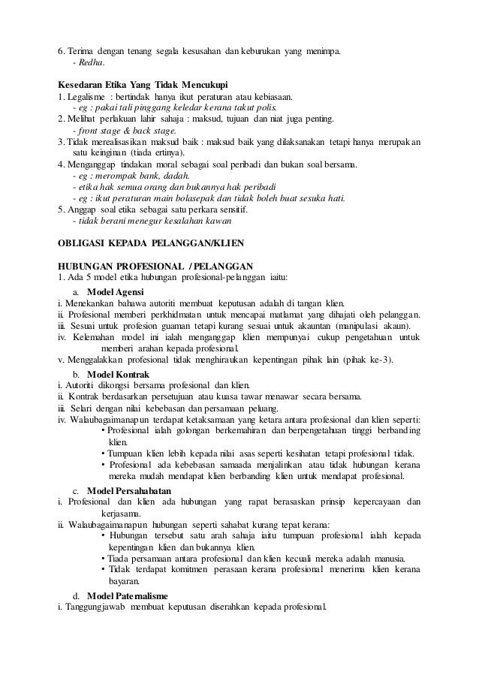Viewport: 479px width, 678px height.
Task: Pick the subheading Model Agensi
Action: point(113,291)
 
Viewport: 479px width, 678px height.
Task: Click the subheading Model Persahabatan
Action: point(129,490)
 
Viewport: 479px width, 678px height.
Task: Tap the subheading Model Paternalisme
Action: point(128,595)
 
